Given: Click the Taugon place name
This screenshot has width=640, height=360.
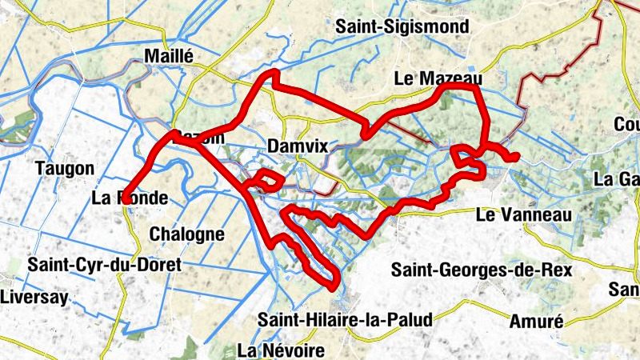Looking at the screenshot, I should point(65,169).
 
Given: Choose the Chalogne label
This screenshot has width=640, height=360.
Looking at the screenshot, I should point(187,234).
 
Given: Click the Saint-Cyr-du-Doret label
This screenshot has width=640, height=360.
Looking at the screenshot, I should point(104,264).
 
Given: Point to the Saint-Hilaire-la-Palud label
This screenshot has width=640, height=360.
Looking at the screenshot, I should point(345,320).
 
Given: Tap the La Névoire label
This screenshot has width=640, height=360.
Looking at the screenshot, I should point(282,350).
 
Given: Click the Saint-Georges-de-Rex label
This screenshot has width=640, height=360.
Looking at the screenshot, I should point(482,270).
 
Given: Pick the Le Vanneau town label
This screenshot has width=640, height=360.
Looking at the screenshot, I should point(523,214).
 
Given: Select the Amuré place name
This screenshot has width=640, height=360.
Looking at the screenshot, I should point(537,322).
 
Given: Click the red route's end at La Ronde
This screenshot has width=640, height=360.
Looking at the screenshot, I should point(125,202).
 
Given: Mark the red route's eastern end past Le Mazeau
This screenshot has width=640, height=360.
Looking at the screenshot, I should point(516,156).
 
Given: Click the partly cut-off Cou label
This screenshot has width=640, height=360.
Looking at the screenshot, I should point(626,124).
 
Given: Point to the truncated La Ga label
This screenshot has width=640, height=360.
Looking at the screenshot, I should point(617,179).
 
